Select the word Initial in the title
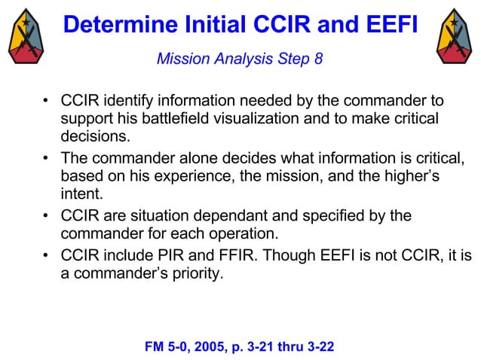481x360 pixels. (210, 24)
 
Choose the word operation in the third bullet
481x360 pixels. (246, 233)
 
